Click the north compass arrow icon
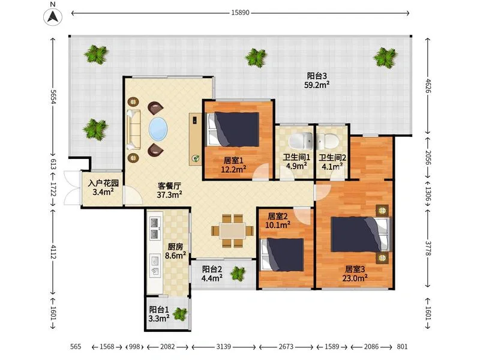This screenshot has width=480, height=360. pyautogui.click(x=53, y=17)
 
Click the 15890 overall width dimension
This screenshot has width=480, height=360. pyautogui.click(x=241, y=13)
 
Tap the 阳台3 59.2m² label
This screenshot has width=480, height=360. pyautogui.click(x=317, y=80)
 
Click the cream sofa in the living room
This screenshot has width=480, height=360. pyautogui.click(x=133, y=130)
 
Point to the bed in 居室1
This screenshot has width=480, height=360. pyautogui.click(x=233, y=130)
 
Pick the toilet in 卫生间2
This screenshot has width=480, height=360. pyautogui.click(x=328, y=142)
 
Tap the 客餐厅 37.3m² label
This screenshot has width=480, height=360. pyautogui.click(x=169, y=190)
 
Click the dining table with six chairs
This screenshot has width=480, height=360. pyautogui.click(x=233, y=230)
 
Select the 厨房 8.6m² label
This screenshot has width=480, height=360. pyautogui.click(x=175, y=251)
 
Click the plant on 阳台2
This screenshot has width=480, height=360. pyautogui.click(x=238, y=273)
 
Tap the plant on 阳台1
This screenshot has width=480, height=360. pyautogui.click(x=180, y=314)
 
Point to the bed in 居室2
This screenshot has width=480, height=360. pyautogui.click(x=282, y=254)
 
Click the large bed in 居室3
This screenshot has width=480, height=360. pyautogui.click(x=361, y=235)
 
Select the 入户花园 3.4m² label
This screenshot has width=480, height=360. pyautogui.click(x=103, y=187)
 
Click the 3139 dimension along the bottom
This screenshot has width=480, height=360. pyautogui.click(x=223, y=347)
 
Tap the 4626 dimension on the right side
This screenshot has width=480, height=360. pyautogui.click(x=428, y=86)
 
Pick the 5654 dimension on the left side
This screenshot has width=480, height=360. pyautogui.click(x=53, y=97)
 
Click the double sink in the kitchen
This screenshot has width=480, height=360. pyautogui.click(x=155, y=229)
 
